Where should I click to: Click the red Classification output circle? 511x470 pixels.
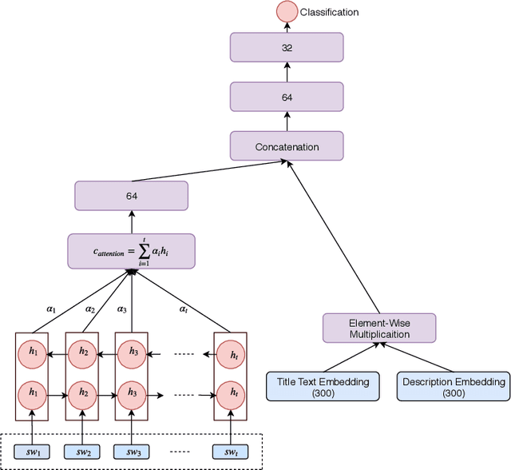pos(286,11)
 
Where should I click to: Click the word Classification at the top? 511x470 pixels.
pos(330,12)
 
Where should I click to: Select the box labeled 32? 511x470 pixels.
pos(286,48)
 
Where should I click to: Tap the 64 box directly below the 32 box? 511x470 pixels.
pos(286,97)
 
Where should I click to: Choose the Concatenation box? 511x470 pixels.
pos(286,146)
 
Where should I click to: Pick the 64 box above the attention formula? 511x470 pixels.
pos(131,196)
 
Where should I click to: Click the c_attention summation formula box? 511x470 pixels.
pos(131,251)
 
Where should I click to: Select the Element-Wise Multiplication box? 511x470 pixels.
pos(379,328)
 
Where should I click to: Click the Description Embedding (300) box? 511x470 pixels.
pos(452,387)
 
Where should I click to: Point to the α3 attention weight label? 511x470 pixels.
pos(122,308)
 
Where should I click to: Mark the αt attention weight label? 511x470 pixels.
pos(184,308)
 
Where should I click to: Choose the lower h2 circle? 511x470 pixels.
pos(82,393)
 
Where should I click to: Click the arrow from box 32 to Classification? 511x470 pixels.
pos(286,27)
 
